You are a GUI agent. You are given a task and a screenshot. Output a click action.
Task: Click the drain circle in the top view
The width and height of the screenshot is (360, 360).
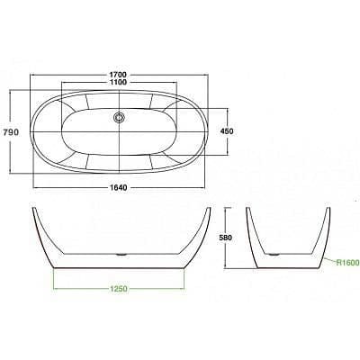[x=120, y=115]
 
